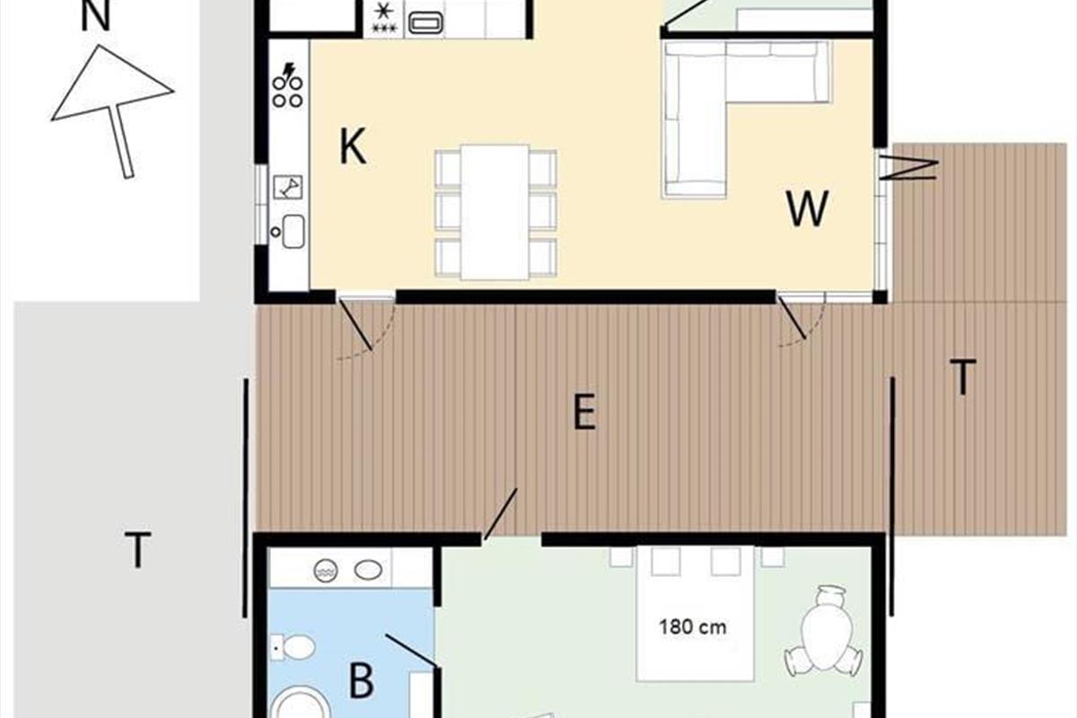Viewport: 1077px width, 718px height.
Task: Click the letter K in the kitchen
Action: (x=353, y=146)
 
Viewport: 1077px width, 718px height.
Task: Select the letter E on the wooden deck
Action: (x=584, y=411)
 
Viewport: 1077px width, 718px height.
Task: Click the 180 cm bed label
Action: (x=692, y=627)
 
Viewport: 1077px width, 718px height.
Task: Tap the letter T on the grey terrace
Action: (x=137, y=549)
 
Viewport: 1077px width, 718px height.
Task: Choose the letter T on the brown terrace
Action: (x=963, y=377)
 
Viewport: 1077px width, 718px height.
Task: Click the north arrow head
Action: (x=112, y=83)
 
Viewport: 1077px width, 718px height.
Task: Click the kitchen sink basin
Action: (x=293, y=232)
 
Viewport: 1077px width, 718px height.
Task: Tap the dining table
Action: (x=495, y=212)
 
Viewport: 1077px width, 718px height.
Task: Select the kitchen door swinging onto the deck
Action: (x=355, y=324)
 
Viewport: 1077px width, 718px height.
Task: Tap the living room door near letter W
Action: (x=792, y=318)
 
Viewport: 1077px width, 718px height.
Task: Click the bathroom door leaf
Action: (x=412, y=651)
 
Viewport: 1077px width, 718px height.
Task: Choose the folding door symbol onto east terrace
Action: (x=908, y=170)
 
